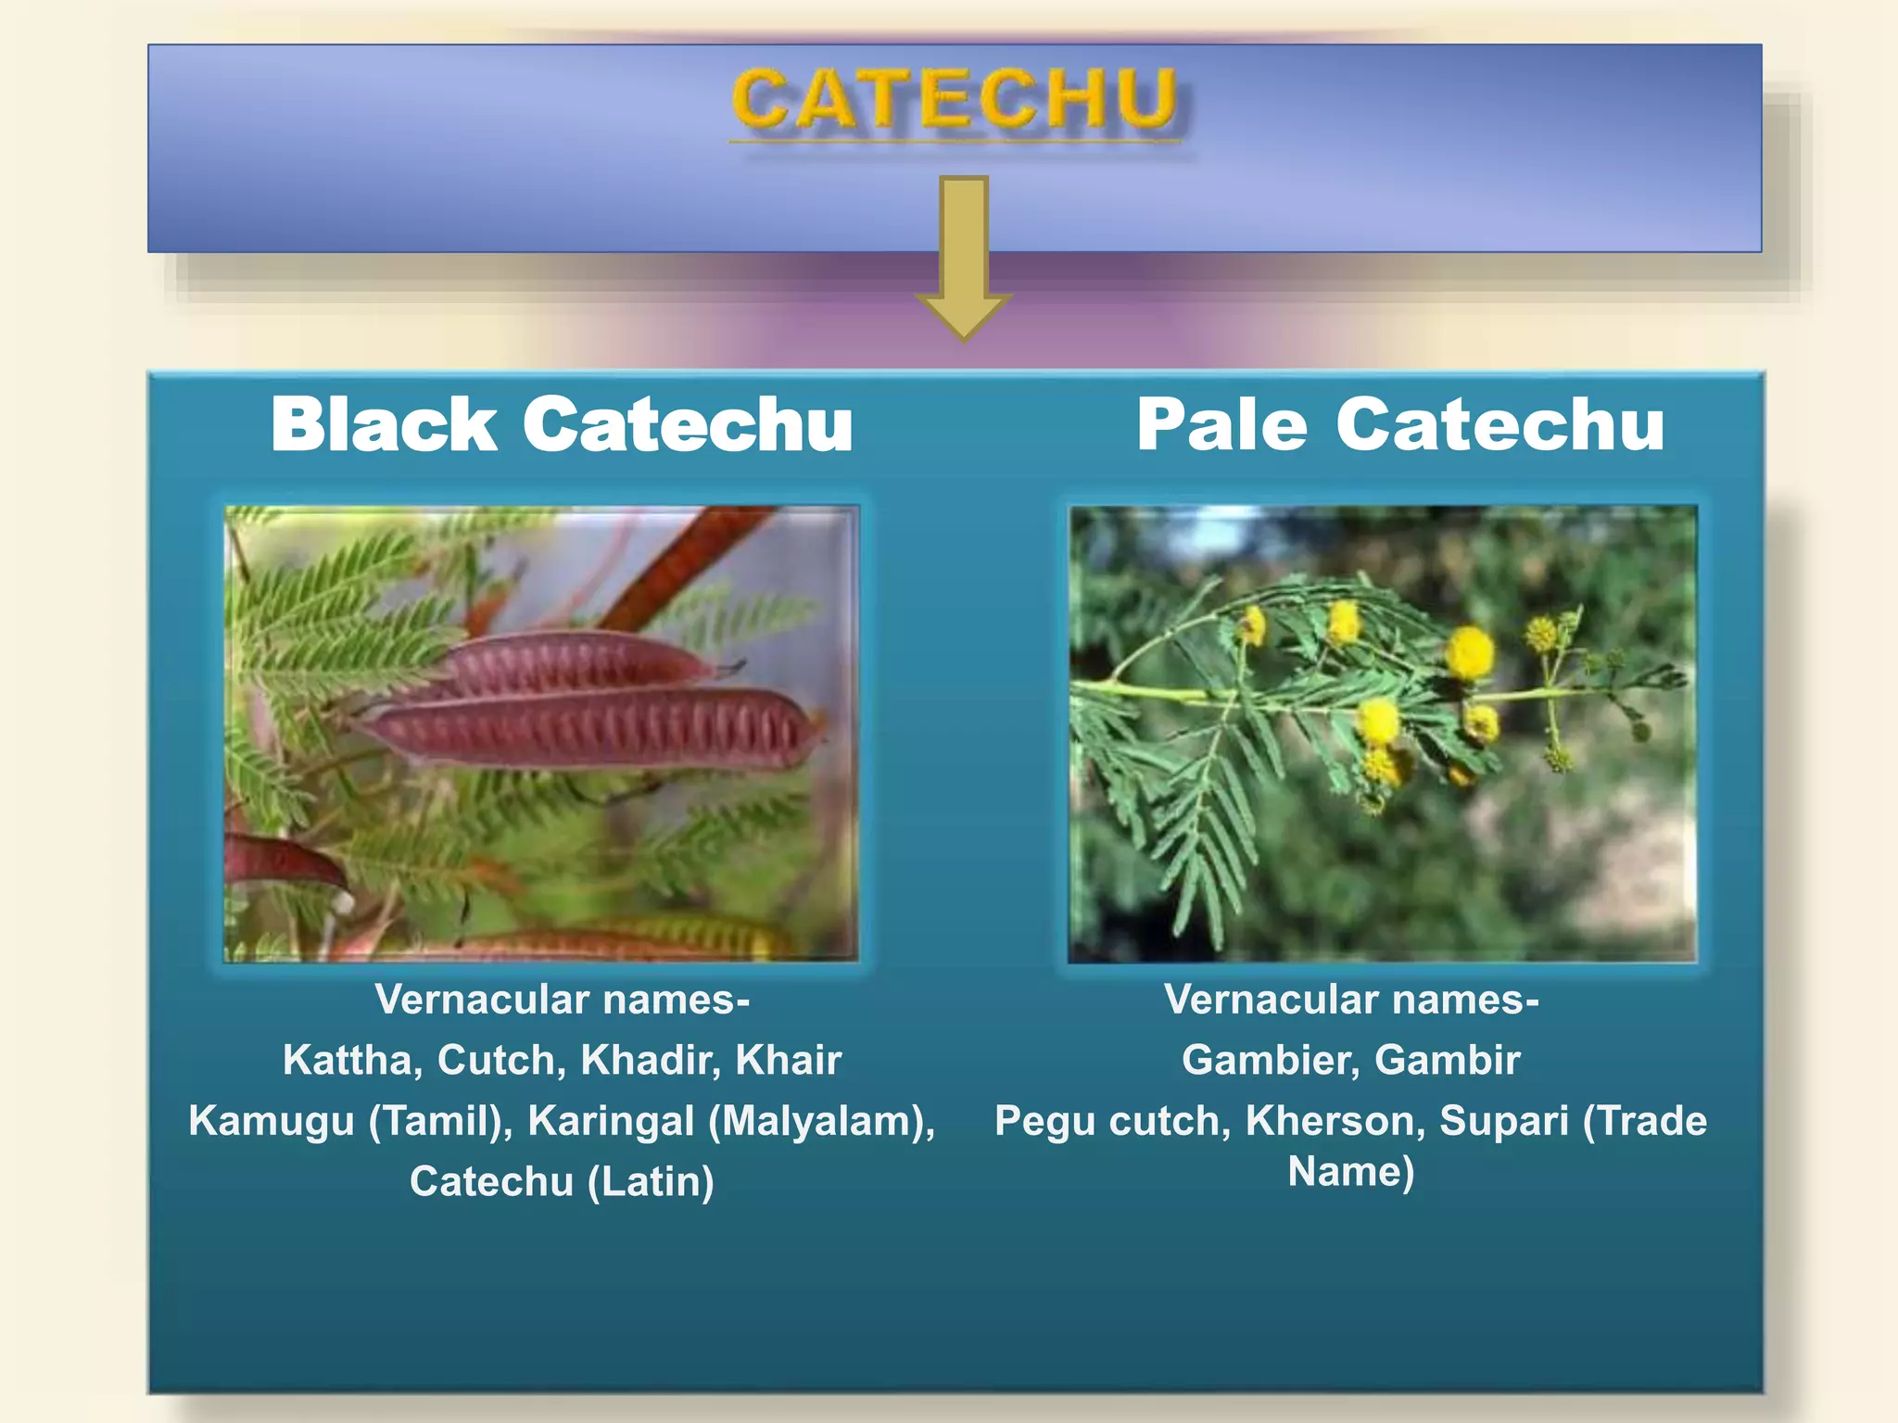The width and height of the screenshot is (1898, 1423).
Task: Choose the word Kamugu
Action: pyautogui.click(x=272, y=1121)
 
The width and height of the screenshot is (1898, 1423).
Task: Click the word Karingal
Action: pyautogui.click(x=611, y=1121)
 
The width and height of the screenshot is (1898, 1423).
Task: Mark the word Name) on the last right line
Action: pyautogui.click(x=1351, y=1172)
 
